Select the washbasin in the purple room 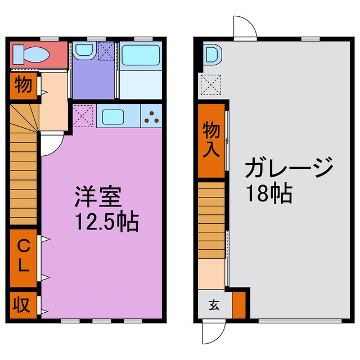click(84, 51)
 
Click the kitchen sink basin click(113, 117)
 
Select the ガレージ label click(289, 167)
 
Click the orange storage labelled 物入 click(211, 139)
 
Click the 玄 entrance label click(214, 305)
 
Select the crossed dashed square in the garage click(209, 85)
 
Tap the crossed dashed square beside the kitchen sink click(83, 116)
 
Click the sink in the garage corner click(211, 55)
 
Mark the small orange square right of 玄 click(239, 304)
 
